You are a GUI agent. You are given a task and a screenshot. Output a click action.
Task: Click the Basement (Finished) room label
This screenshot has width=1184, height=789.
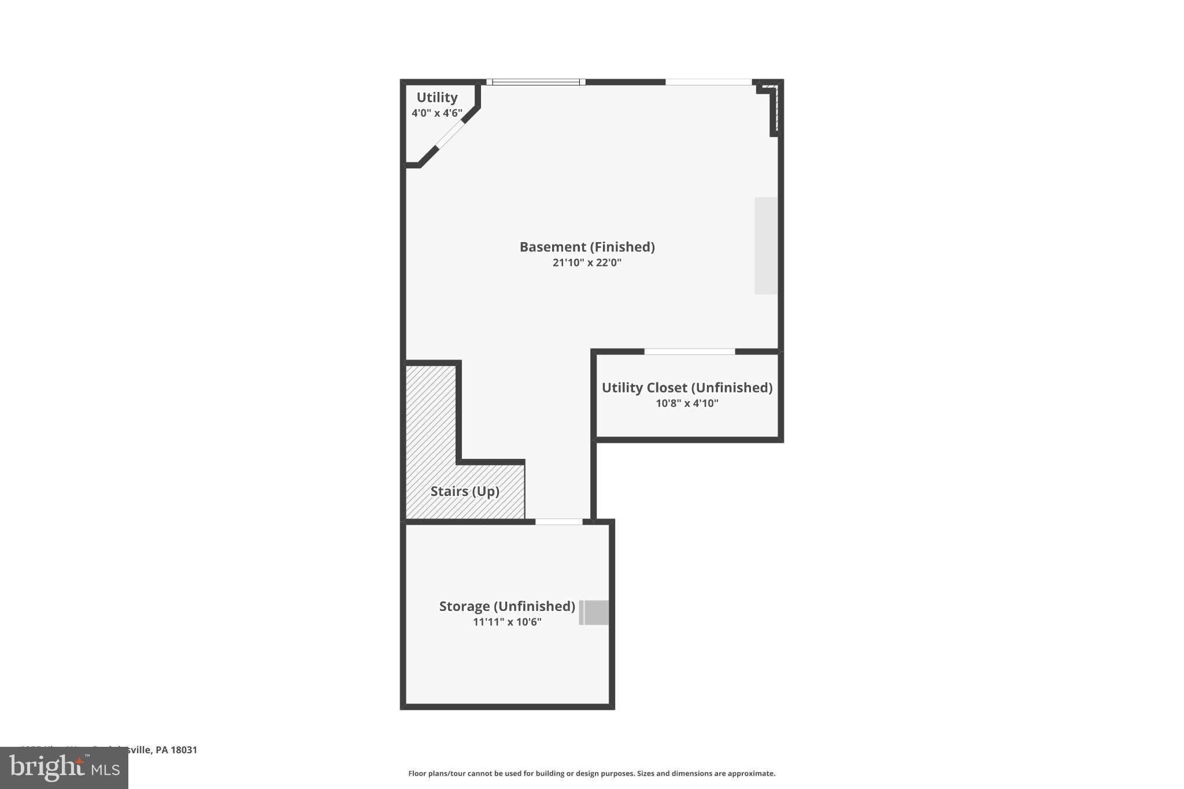point(587,247)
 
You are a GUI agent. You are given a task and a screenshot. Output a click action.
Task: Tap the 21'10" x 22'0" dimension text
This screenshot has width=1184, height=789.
point(587,262)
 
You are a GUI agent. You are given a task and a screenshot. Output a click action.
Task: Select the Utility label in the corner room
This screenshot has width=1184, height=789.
point(437,98)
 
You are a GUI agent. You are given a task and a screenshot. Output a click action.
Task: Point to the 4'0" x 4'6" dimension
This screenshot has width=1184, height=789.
point(437,113)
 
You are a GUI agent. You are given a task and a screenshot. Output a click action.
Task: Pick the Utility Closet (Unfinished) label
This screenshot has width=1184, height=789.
point(687,387)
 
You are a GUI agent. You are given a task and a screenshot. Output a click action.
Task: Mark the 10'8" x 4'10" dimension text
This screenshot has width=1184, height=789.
point(687,403)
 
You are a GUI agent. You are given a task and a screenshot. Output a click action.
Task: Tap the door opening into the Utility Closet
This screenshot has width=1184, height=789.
point(689,351)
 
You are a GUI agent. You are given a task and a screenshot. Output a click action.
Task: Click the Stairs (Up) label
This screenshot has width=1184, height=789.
point(465,491)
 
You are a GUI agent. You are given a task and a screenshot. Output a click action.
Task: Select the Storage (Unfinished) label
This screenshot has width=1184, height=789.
point(507,606)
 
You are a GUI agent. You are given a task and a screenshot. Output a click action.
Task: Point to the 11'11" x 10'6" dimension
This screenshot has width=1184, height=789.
point(507,622)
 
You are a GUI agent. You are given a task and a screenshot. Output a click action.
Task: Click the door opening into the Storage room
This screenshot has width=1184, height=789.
point(558,522)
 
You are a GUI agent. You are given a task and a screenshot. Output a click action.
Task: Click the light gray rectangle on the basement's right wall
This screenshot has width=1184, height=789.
point(766,246)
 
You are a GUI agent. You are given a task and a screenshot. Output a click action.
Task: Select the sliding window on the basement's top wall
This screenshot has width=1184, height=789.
point(536,82)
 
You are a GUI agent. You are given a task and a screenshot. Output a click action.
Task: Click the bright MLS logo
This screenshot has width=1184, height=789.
point(64,768)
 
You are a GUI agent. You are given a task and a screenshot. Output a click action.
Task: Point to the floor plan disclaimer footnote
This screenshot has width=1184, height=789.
point(591,773)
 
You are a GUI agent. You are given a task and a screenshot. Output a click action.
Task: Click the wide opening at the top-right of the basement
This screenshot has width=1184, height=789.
point(708,82)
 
